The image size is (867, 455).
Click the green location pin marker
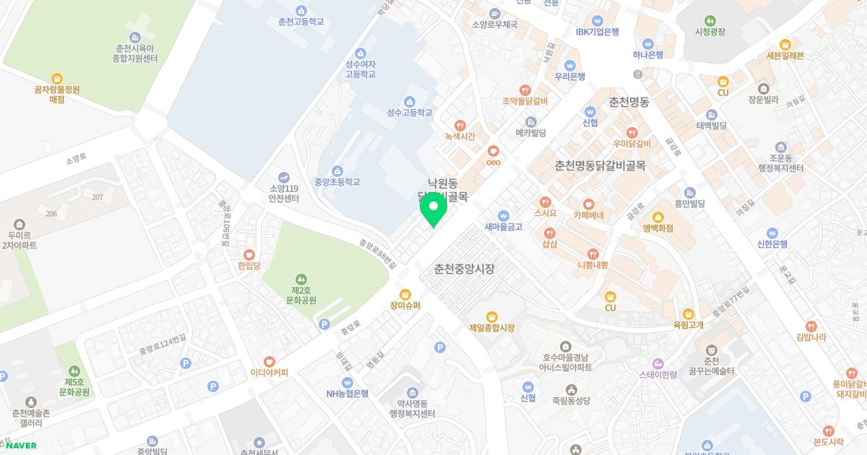(433, 209)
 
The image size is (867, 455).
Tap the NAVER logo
(21, 445)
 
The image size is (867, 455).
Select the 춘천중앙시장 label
(465, 269)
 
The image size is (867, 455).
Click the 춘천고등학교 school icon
(301, 10)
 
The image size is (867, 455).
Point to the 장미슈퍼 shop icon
(405, 294)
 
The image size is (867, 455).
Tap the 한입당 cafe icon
(249, 254)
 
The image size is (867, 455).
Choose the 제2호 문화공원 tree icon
(301, 279)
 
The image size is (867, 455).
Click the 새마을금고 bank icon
(504, 215)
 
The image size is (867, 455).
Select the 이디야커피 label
(269, 373)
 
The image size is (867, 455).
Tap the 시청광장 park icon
(709, 20)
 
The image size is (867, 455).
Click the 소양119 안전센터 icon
(284, 177)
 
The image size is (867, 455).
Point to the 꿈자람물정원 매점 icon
(57, 79)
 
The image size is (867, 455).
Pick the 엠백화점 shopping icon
(657, 217)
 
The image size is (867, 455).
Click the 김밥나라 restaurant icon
(811, 326)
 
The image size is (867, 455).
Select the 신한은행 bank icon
(772, 233)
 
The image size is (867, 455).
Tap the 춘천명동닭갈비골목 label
(600, 166)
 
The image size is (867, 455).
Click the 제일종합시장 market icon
(491, 316)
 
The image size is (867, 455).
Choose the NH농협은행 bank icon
(348, 382)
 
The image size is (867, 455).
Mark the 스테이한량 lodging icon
(657, 363)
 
